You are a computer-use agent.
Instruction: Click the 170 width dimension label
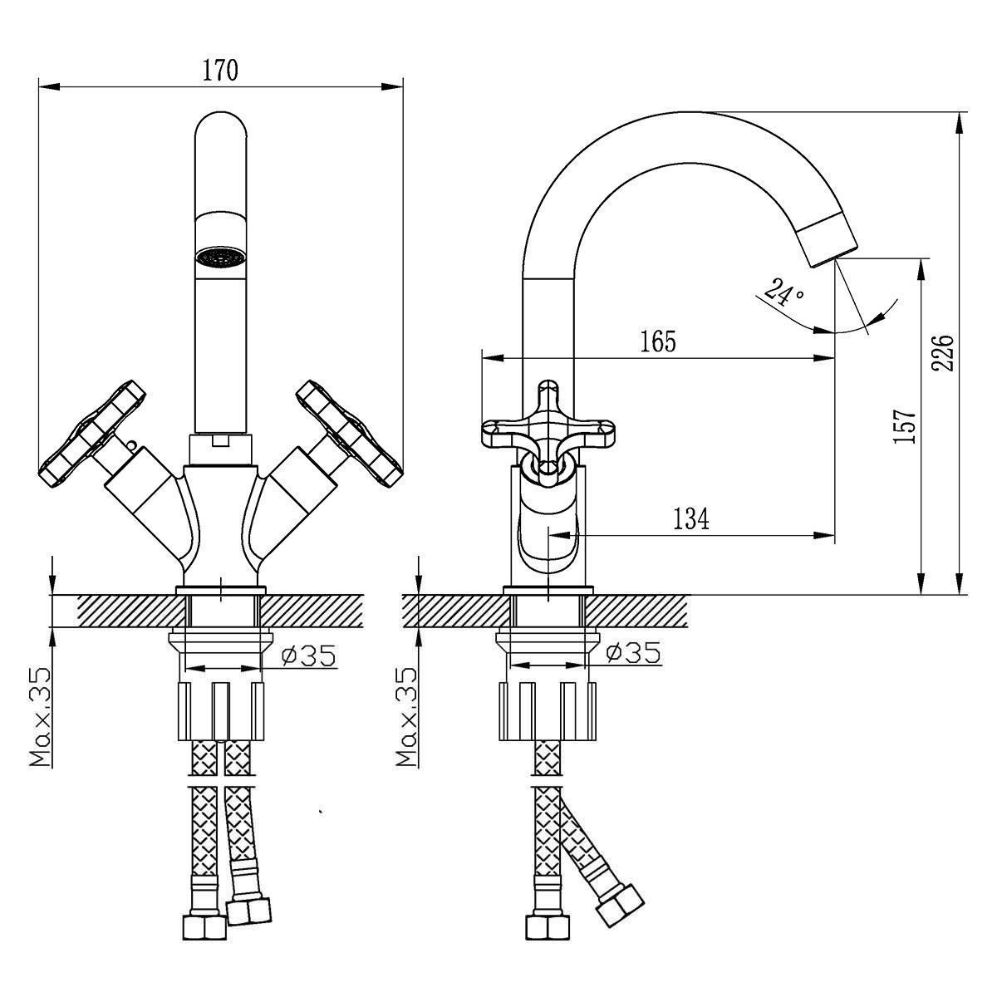coord(220,71)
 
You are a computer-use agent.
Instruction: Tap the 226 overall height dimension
coord(942,353)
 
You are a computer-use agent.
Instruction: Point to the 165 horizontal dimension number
coord(659,341)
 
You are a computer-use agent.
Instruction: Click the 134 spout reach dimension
coord(691,519)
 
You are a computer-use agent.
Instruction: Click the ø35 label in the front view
coord(309,655)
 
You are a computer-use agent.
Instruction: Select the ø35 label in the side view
coord(633,653)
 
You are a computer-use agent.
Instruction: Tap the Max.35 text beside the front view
coord(41,716)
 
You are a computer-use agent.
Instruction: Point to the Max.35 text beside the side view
coord(406,716)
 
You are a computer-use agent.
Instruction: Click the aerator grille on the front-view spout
coord(221,257)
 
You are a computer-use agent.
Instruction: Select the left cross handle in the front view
coord(92,434)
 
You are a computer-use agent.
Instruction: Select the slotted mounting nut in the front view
coord(221,711)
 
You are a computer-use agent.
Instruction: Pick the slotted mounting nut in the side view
coord(548,711)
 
